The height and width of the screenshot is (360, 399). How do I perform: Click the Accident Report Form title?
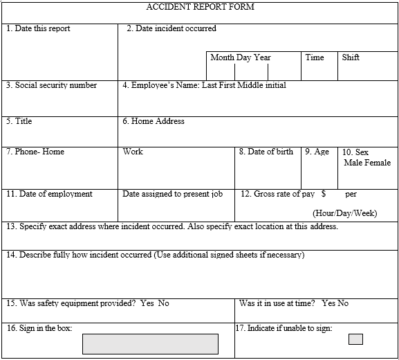[200, 7]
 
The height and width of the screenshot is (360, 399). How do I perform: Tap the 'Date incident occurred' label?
[171, 28]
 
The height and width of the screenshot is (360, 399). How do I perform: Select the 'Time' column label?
[315, 57]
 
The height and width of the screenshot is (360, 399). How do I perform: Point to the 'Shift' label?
[351, 57]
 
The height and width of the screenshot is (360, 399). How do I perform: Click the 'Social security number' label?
[52, 85]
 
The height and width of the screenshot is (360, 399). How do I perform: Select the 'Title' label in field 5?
[19, 121]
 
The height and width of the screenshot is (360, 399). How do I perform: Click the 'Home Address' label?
[154, 121]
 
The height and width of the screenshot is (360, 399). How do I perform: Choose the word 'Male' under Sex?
[354, 163]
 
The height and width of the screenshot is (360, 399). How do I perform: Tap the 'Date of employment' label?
[49, 194]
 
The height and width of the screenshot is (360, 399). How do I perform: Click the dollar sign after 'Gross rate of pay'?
[324, 194]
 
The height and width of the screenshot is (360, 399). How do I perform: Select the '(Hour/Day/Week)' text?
[344, 213]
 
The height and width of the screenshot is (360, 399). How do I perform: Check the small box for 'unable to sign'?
[355, 339]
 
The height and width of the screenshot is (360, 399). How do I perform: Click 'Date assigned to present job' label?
[173, 194]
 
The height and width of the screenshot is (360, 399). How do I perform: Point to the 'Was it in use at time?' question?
[277, 303]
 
